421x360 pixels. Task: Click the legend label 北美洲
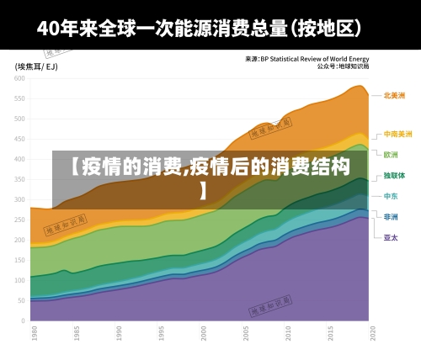click(394, 96)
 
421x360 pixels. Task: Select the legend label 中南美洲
click(397, 134)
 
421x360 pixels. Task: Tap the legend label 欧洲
click(392, 155)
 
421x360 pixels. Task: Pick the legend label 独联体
click(394, 176)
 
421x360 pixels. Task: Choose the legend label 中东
click(392, 196)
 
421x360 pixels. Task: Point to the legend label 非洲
click(392, 216)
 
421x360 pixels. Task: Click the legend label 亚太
click(392, 237)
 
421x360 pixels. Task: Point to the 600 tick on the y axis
click(20, 78)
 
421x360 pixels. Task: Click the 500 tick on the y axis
click(20, 119)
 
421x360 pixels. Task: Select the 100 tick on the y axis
click(20, 280)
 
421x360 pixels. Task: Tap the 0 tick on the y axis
click(24, 320)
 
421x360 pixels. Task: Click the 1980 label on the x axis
click(33, 334)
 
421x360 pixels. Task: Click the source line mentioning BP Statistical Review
click(312, 58)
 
